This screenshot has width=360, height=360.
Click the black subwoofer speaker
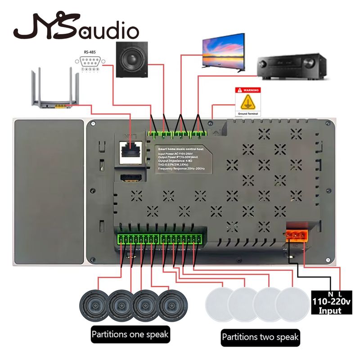131,59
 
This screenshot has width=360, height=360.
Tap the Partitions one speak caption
130,335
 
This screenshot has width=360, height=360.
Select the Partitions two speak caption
261,337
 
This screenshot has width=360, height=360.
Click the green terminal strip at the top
177,133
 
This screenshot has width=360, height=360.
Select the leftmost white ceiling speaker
220,304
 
